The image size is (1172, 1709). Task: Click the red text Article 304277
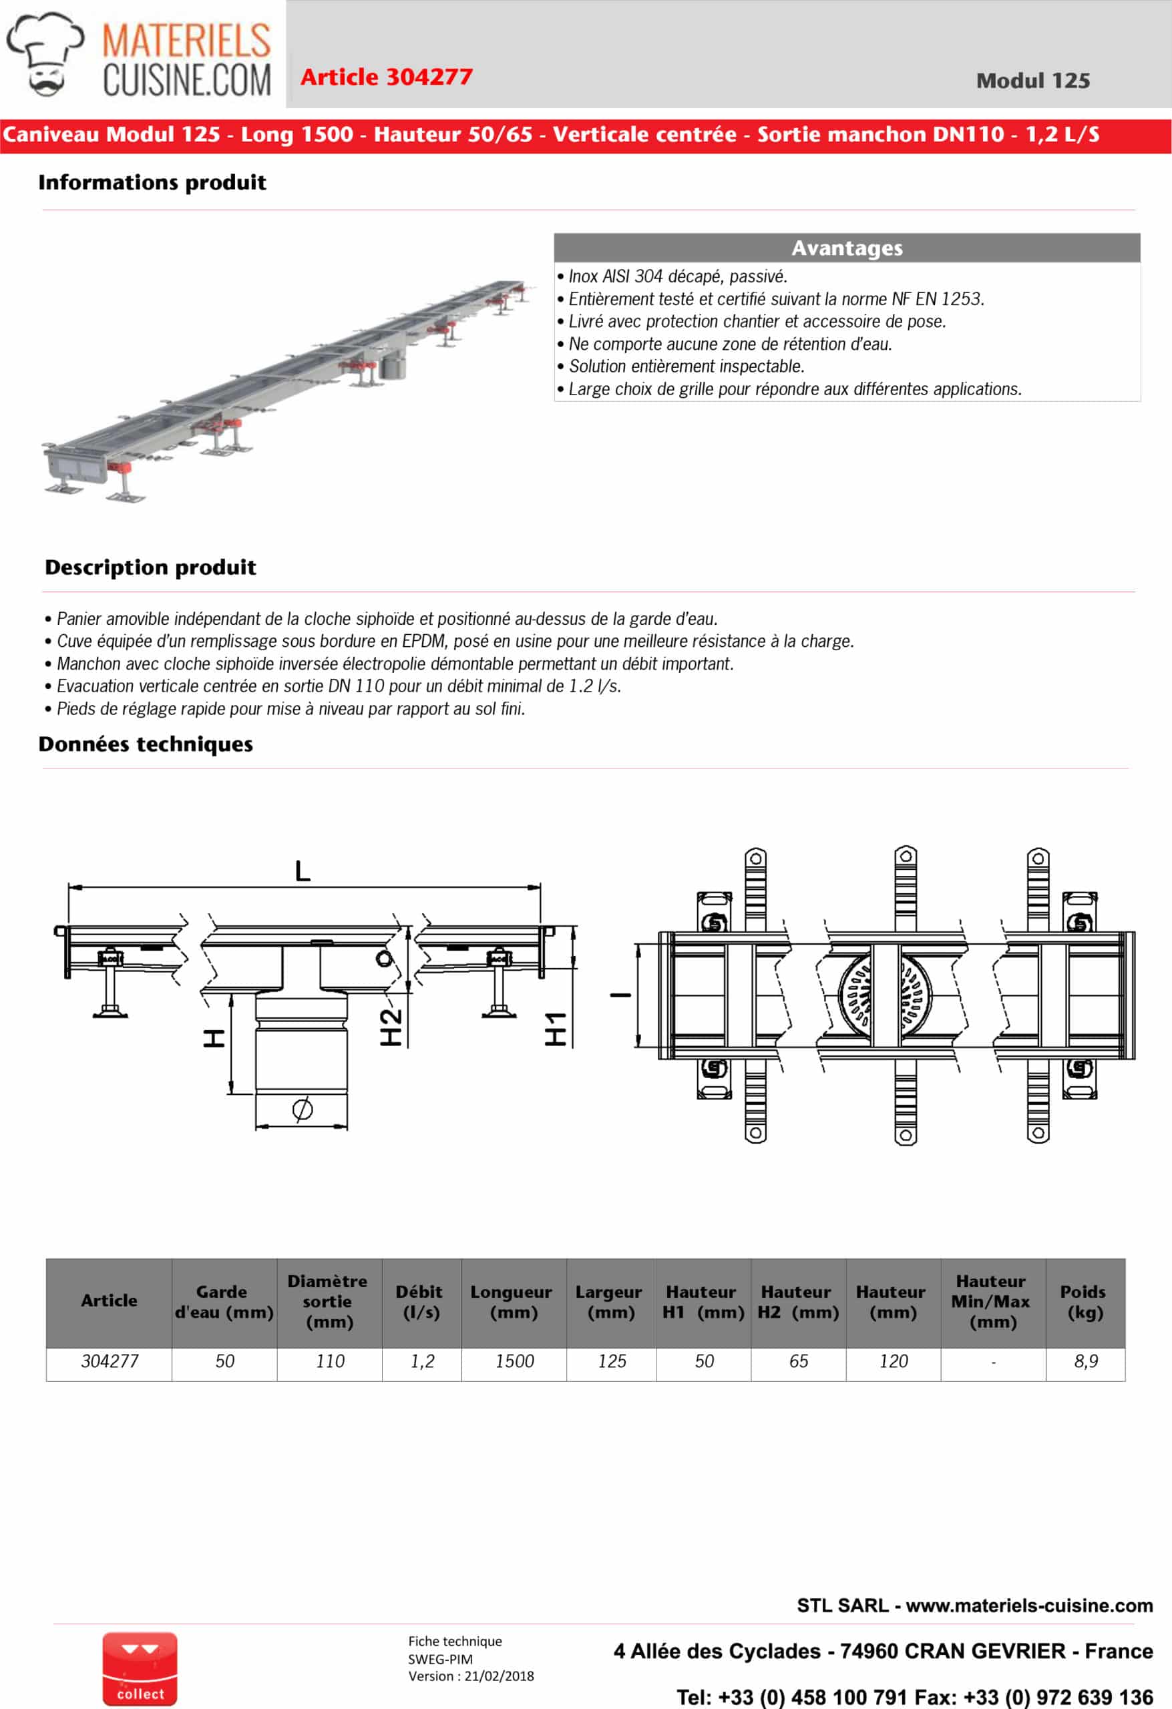pos(386,77)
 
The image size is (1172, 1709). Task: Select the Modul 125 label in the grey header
pos(1032,81)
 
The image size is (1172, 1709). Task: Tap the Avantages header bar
pos(847,248)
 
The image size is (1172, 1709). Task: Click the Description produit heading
pos(150,567)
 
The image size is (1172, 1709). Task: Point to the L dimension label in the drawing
pos(303,871)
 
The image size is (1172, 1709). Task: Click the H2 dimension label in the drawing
pos(391,1027)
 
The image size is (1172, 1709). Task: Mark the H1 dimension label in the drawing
pos(556,1029)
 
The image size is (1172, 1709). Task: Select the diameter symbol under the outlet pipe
pos(303,1109)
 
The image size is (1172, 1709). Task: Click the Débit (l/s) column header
pos(421,1302)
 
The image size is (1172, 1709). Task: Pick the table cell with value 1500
pos(514,1361)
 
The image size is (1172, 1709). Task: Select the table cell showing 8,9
pos(1085,1361)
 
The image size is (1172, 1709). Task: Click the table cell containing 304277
pos(110,1361)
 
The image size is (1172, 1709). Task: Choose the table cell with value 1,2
pos(421,1361)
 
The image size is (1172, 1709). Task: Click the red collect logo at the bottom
pos(140,1668)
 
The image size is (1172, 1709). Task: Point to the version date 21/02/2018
pos(499,1676)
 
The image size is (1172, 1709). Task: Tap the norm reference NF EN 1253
pos(936,298)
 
